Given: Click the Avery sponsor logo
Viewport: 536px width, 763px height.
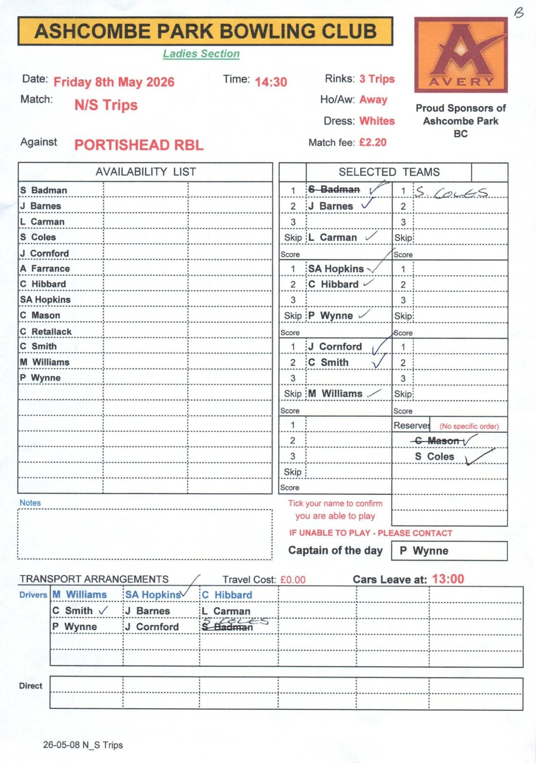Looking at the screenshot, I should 461,55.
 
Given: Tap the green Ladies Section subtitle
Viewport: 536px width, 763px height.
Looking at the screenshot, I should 201,54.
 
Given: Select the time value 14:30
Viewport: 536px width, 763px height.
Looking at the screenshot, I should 271,82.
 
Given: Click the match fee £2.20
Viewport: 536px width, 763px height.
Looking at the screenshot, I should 373,142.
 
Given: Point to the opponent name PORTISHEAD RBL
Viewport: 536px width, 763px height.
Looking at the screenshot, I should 139,145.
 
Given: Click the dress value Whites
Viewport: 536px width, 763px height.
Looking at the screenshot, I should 377,121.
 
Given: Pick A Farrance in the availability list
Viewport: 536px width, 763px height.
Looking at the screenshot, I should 45,269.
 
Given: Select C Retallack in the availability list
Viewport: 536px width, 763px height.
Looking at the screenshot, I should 46,331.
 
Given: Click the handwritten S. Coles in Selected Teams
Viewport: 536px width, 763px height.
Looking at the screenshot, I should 451,192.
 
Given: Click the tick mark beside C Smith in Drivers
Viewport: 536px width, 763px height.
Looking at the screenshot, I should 103,611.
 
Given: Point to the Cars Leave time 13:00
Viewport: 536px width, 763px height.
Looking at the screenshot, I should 448,579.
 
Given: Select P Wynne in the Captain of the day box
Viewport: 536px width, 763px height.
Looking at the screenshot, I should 424,551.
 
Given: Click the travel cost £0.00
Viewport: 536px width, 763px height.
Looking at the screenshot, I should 293,580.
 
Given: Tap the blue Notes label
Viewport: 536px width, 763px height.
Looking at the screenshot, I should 30,503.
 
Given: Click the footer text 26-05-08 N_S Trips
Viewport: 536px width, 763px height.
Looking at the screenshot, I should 83,745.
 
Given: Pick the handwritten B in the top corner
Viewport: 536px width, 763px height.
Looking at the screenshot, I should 519,13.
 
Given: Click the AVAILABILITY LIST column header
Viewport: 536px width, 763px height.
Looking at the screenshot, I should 146,172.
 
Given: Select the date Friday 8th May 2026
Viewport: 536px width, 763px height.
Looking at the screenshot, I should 114,82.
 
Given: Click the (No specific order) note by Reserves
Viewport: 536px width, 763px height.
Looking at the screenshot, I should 469,426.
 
